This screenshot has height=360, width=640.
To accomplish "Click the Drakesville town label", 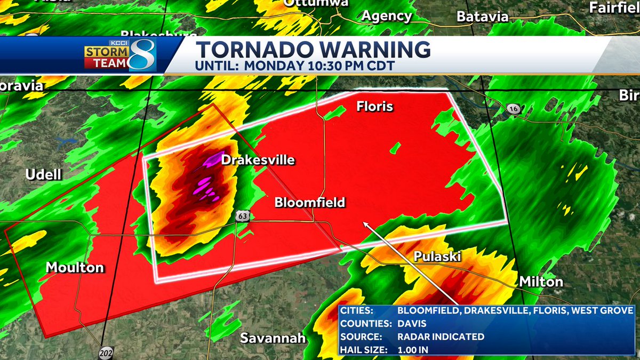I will click(258, 160).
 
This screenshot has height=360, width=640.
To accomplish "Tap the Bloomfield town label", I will click(310, 203).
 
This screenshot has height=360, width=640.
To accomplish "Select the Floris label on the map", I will click(375, 107).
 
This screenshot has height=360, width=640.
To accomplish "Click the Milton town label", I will click(541, 282).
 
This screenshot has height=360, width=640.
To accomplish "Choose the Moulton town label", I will click(75, 267).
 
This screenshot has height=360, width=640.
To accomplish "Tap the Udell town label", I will click(44, 175).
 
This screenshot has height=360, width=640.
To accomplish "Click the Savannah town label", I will click(273, 338).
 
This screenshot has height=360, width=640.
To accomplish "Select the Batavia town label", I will click(482, 17).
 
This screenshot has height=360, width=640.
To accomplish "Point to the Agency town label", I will click(387, 16).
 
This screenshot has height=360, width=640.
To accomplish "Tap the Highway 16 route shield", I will click(513, 109).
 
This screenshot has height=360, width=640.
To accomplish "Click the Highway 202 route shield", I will click(106, 353).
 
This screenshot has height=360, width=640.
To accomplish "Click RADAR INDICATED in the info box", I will click(441, 337).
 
